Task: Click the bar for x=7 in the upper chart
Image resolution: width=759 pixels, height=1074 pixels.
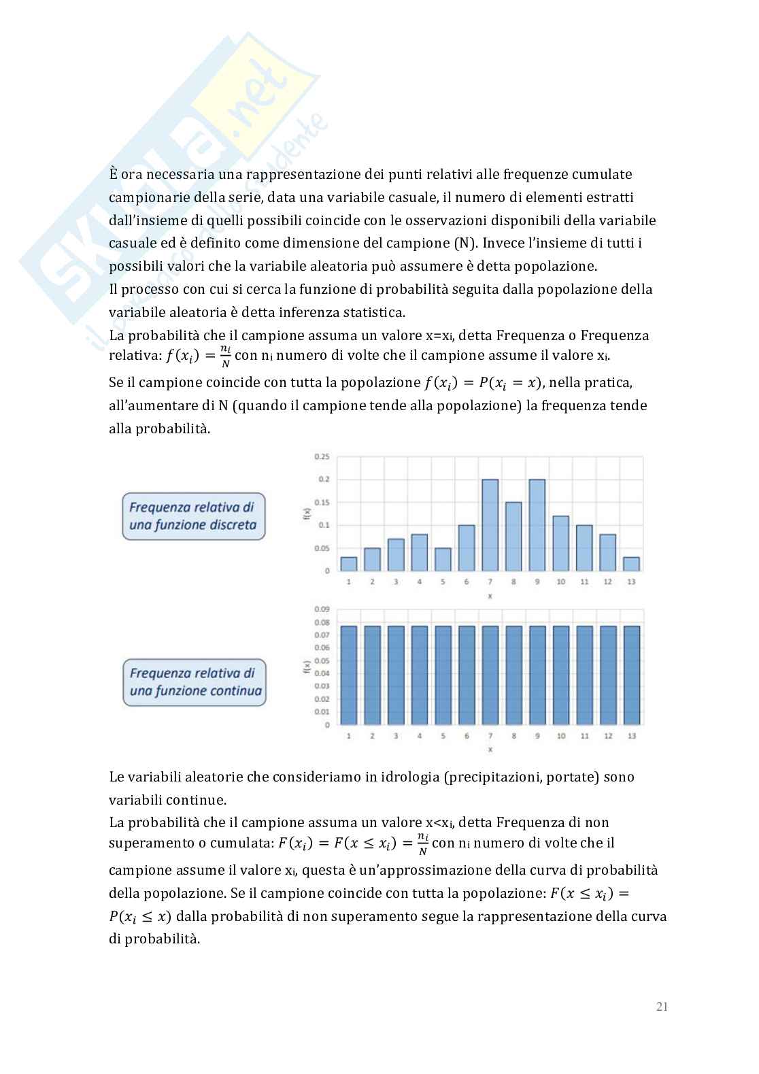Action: click(x=490, y=525)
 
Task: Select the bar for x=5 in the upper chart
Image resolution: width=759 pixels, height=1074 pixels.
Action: click(x=443, y=559)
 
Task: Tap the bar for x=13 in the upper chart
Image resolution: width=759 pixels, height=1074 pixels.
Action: click(x=630, y=564)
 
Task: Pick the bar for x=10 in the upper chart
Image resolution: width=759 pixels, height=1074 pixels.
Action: click(x=560, y=543)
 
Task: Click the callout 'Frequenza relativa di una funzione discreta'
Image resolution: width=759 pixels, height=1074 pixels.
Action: click(x=193, y=516)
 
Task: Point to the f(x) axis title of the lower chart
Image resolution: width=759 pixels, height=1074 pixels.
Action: click(x=307, y=667)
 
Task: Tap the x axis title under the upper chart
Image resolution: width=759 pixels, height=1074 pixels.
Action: click(x=490, y=596)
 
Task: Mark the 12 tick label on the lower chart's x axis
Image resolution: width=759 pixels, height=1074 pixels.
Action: click(x=607, y=736)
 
